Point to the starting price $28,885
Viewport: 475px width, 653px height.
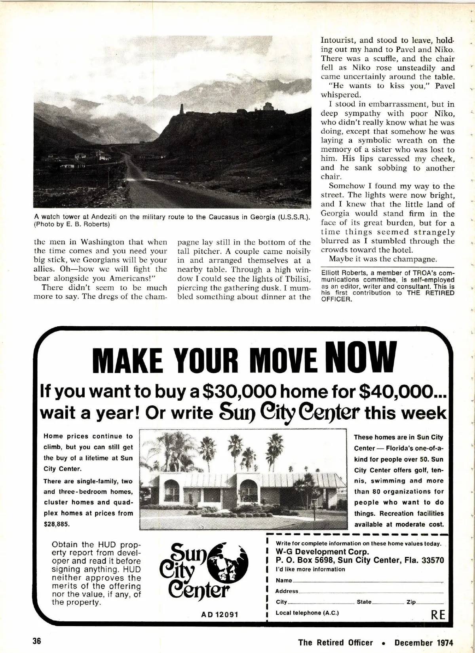coord(57,524)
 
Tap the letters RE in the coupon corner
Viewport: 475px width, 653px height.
coord(438,614)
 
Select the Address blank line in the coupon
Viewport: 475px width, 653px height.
coord(370,592)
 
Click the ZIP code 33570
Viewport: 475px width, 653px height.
coord(431,560)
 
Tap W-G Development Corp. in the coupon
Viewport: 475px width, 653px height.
coord(322,552)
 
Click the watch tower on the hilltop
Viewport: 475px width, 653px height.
coord(182,109)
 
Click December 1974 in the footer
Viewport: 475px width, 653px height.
coord(424,642)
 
